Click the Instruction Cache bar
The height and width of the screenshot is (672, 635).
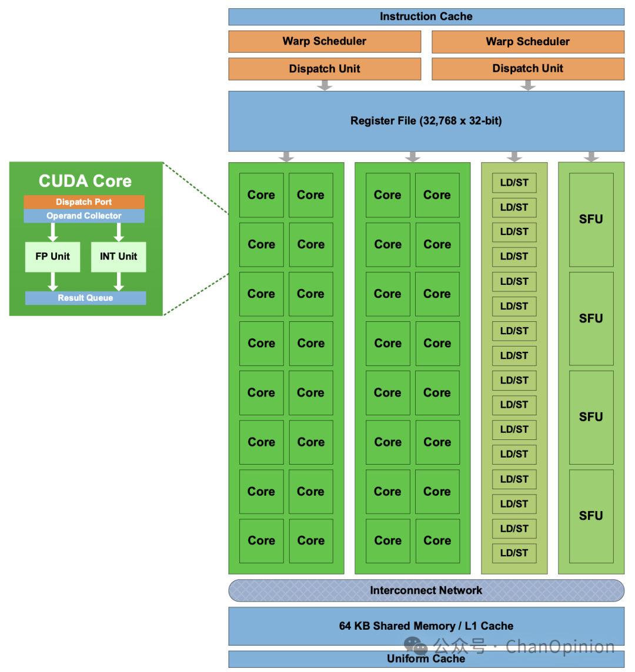[426, 16]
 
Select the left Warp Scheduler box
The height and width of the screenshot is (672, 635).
[325, 41]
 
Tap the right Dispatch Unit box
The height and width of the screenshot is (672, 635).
[527, 69]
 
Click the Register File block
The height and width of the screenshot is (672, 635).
[426, 121]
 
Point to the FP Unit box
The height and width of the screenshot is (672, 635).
[52, 257]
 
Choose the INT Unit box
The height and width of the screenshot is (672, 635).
[118, 257]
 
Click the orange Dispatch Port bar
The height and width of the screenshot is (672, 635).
[83, 202]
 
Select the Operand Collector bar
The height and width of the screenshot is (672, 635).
[83, 216]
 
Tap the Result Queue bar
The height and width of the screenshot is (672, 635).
[85, 298]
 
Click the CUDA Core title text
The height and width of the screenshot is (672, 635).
[85, 181]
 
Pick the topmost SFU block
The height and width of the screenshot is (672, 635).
[591, 219]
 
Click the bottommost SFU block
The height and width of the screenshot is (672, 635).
[591, 516]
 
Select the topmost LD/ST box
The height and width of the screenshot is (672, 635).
[514, 183]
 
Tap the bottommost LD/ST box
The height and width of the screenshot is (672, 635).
[514, 553]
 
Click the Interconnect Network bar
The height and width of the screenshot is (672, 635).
[426, 590]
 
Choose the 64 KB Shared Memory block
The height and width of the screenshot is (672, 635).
[426, 626]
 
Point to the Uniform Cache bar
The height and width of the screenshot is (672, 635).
[426, 659]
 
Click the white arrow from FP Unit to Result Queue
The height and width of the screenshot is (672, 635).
[53, 281]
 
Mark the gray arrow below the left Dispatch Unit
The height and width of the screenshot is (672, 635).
[325, 86]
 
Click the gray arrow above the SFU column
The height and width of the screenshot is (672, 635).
[591, 157]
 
